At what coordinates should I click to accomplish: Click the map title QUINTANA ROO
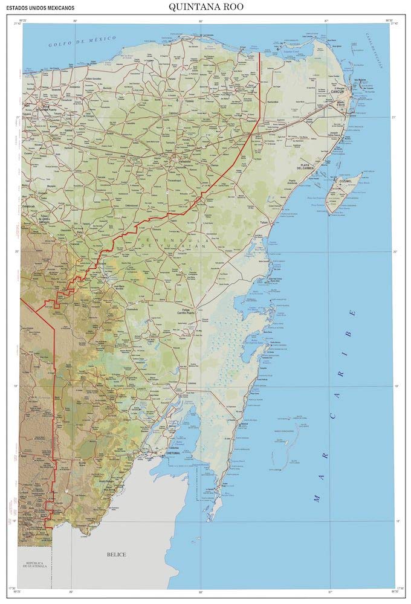pyautogui.click(x=205, y=7)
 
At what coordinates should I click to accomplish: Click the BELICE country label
pyautogui.click(x=116, y=554)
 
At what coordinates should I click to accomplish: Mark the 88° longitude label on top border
pyautogui.click(x=201, y=21)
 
